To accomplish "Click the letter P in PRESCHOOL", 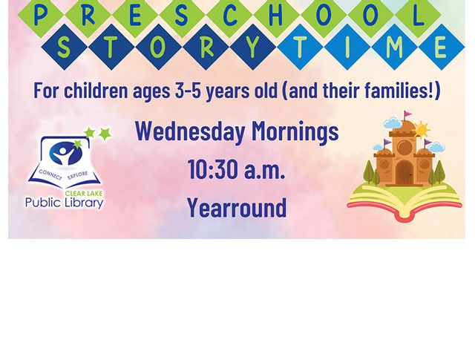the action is (41, 16).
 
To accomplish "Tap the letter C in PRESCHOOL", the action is (229, 16).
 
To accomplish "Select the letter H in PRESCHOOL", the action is (275, 16).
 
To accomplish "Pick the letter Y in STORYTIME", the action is (252, 48).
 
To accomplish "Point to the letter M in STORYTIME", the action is (394, 48).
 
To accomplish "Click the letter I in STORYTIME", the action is (347, 48).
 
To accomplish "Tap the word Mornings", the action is (295, 131).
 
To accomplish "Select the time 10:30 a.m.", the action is (237, 169).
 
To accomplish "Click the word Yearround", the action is (237, 207).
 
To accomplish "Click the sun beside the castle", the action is (420, 130).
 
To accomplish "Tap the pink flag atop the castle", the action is (407, 114).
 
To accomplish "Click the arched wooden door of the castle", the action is (404, 172).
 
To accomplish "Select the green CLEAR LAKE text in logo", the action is (84, 193).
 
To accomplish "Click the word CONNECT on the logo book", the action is (50, 174).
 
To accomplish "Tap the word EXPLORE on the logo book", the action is (77, 175).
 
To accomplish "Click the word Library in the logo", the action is (84, 203).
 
